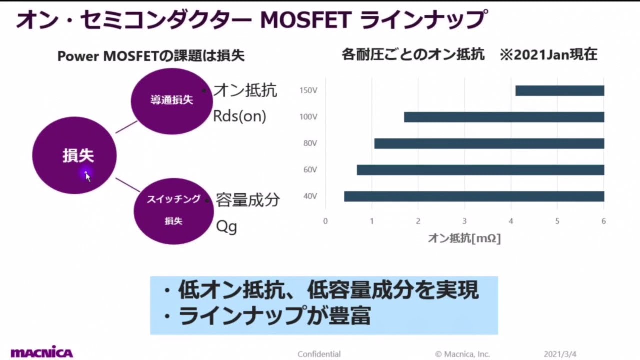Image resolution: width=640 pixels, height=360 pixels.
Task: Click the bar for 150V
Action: click(560, 91)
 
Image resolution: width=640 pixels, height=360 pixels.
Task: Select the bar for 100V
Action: click(504, 117)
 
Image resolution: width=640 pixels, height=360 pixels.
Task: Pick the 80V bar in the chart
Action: click(489, 144)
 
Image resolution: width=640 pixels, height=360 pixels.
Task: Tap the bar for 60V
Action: click(480, 170)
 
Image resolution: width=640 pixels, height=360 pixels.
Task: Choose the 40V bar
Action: click(474, 196)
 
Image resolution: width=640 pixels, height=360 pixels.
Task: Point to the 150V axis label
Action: click(309, 91)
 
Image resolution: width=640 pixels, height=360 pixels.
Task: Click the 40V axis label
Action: click(310, 196)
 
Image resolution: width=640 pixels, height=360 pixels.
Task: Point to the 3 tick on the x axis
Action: click(464, 221)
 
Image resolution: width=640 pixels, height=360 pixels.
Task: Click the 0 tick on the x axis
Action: click(325, 221)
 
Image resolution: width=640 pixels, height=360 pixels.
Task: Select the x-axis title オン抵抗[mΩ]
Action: click(464, 239)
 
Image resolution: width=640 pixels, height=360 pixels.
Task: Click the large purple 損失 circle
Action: click(75, 155)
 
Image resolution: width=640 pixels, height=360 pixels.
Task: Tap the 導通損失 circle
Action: click(172, 100)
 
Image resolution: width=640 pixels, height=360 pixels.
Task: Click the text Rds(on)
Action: click(240, 116)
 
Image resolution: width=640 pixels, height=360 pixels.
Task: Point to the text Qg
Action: click(226, 226)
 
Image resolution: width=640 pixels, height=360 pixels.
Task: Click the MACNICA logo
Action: click(42, 352)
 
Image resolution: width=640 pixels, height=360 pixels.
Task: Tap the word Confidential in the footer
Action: click(319, 354)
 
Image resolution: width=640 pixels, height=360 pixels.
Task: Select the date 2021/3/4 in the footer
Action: click(560, 354)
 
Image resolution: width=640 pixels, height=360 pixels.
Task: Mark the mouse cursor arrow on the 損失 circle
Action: click(87, 176)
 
